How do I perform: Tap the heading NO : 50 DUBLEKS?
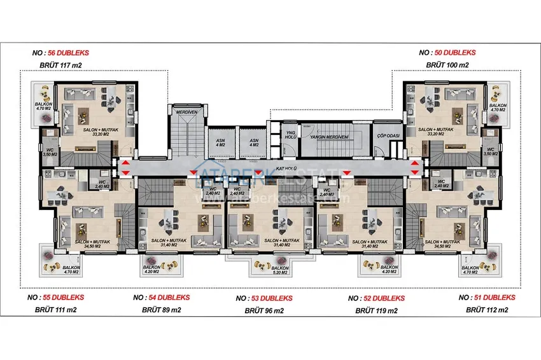[x=447, y=53]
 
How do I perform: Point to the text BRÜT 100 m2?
[x=447, y=65]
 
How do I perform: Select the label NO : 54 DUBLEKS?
[x=162, y=298]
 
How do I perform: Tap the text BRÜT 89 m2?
[x=161, y=310]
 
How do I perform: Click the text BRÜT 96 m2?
[x=264, y=311]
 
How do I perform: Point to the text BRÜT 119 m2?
[x=376, y=311]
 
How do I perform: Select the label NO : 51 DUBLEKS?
[x=487, y=298]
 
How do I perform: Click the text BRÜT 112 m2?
[x=487, y=310]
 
